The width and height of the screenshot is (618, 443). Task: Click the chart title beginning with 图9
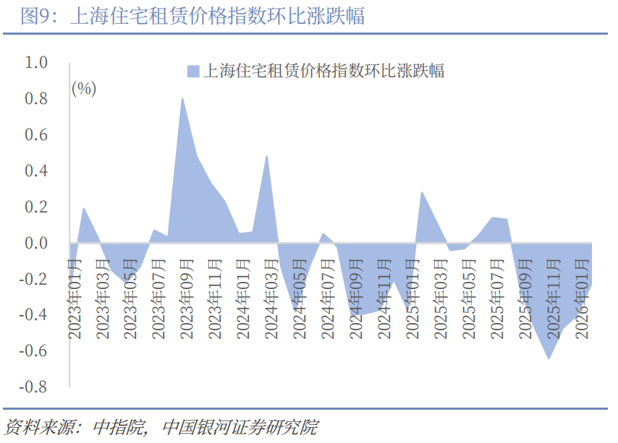click(x=192, y=16)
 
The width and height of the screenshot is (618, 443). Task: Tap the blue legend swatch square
click(x=193, y=71)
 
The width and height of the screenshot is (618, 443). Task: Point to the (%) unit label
click(x=84, y=89)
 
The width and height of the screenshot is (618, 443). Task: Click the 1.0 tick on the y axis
click(x=36, y=63)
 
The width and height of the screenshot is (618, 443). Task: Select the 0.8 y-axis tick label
click(x=36, y=99)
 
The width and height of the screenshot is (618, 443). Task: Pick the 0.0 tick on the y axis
click(x=36, y=244)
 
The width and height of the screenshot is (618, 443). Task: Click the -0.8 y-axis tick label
click(x=33, y=387)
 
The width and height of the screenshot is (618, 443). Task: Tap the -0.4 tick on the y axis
click(x=33, y=315)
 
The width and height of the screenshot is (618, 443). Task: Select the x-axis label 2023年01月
click(x=75, y=292)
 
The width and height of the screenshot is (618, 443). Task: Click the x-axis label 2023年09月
click(x=187, y=292)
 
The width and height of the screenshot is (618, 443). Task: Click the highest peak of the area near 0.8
click(x=182, y=99)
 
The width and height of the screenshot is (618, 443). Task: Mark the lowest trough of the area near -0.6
click(x=549, y=358)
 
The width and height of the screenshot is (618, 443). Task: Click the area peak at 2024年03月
click(x=267, y=157)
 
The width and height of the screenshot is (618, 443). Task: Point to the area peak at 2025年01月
click(x=422, y=193)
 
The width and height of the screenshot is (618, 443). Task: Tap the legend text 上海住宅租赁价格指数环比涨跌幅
click(x=324, y=71)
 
